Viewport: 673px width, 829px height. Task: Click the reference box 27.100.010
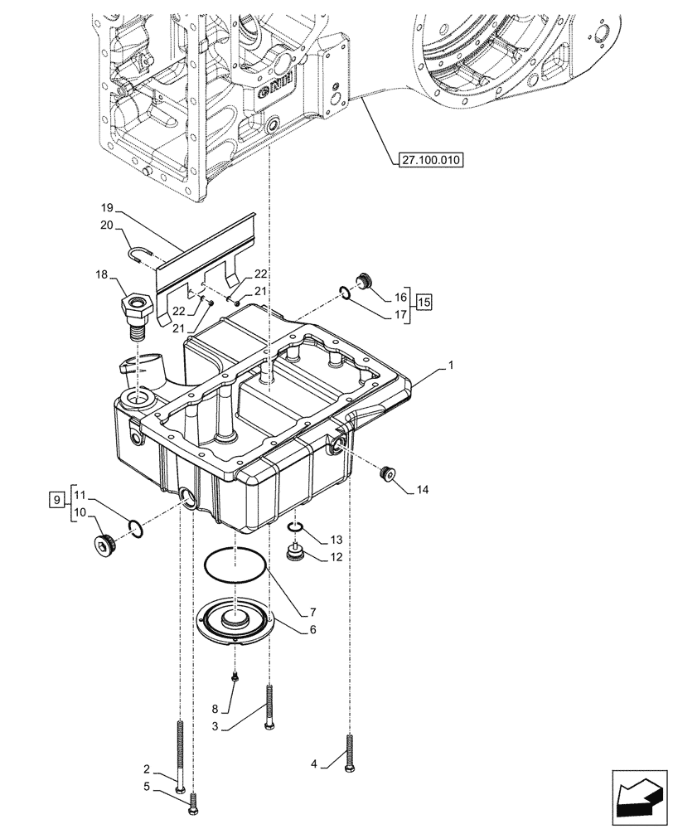coord(428,158)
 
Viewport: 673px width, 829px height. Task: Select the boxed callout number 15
coord(424,302)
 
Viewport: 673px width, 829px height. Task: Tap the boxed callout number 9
coord(56,500)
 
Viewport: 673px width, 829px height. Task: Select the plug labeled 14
coord(385,475)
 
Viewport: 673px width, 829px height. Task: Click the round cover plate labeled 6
coord(235,623)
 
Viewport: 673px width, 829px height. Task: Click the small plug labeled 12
coord(293,552)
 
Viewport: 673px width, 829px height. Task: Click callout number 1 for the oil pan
coord(451,366)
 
